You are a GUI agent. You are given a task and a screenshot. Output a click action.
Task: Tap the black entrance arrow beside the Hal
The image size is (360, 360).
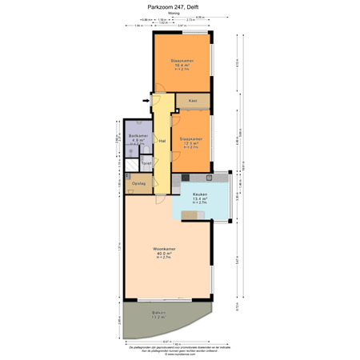(146, 101)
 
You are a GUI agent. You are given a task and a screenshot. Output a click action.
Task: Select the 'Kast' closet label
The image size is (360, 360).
(193, 102)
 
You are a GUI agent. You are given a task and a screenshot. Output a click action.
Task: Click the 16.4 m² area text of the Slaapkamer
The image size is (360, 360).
(182, 66)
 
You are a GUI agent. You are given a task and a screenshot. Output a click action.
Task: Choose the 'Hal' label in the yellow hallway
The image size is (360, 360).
(162, 141)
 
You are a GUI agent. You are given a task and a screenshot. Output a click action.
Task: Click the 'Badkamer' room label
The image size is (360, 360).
(138, 136)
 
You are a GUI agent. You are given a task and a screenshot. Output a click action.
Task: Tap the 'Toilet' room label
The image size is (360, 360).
(146, 163)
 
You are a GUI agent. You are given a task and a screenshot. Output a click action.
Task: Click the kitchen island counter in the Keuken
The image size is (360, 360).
(194, 214)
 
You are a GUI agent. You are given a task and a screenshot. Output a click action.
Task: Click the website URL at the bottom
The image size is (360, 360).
(180, 355)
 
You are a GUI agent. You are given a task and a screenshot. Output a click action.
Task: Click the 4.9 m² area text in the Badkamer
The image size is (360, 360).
(138, 141)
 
